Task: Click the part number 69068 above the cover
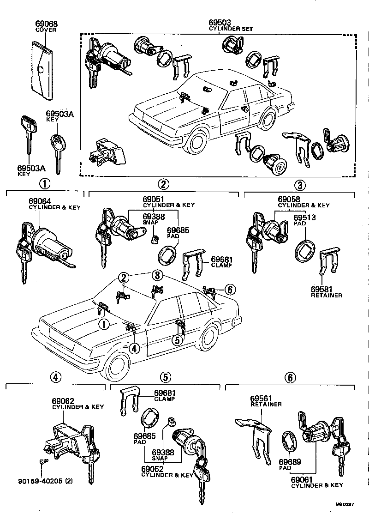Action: [47, 24]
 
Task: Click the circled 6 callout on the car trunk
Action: [230, 290]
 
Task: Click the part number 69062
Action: [63, 401]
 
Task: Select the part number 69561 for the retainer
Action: [262, 398]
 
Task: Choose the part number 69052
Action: [153, 469]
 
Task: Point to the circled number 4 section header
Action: [55, 377]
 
